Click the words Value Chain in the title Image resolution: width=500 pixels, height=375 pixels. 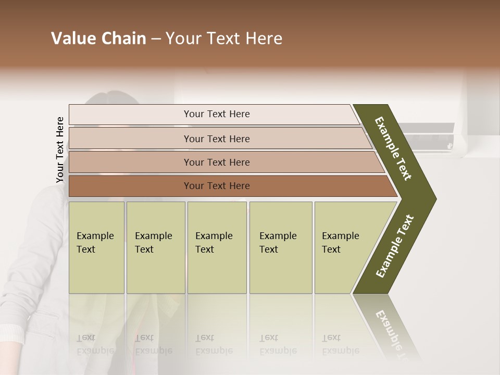coord(98,39)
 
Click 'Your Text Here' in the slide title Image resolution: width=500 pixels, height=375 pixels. coord(224,39)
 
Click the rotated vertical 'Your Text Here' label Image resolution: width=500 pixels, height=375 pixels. coord(60,149)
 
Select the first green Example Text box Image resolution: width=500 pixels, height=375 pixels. coord(96,247)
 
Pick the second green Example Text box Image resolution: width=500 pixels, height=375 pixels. coord(155,247)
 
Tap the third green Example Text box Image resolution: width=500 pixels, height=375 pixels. coord(217,247)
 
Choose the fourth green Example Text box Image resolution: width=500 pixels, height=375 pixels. coord(280,247)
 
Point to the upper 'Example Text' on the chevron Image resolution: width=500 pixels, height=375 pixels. coord(393,148)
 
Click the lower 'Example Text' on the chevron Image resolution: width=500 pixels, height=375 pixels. coord(395,246)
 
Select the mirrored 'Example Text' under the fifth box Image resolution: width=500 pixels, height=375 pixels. coord(341,344)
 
